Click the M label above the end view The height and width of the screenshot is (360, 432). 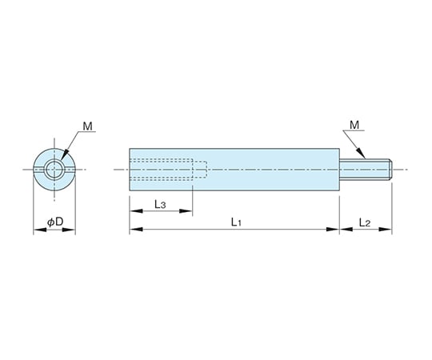click(x=88, y=126)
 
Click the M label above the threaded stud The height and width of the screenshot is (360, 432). click(x=354, y=125)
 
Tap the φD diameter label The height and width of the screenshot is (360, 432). click(x=55, y=222)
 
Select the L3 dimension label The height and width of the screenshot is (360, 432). click(x=160, y=204)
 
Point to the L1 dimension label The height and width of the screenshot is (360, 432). click(x=236, y=222)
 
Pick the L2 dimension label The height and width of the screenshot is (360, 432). click(x=365, y=222)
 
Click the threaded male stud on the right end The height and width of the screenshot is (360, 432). click(x=366, y=170)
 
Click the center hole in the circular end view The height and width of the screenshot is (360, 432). click(x=54, y=170)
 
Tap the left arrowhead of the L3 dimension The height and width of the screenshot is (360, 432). click(x=136, y=211)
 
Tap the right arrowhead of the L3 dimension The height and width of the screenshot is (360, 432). click(x=186, y=211)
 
